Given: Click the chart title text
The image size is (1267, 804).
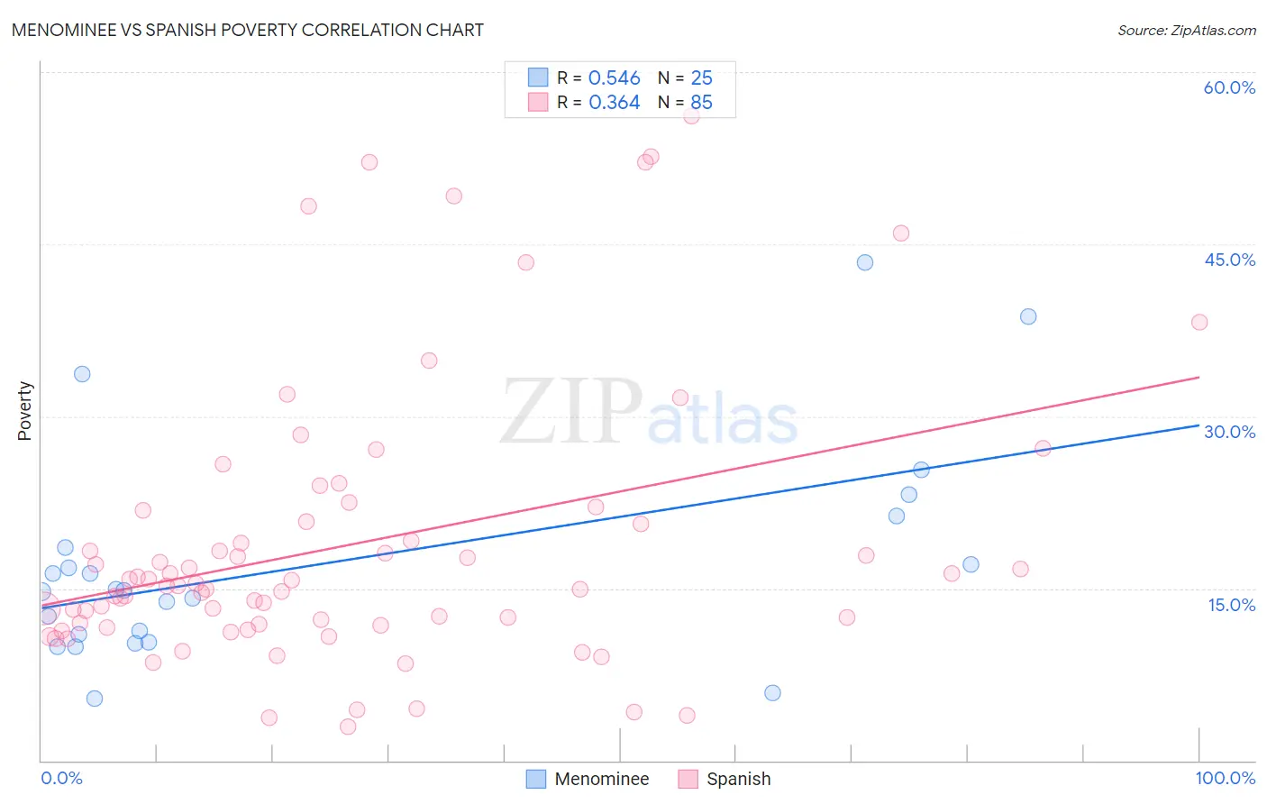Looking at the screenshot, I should [x=248, y=30].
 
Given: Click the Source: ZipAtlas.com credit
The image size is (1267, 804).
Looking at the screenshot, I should [x=1186, y=30].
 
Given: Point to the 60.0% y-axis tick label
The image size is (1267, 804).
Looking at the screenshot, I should [x=1229, y=87].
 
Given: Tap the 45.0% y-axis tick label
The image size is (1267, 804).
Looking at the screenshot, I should [x=1229, y=260].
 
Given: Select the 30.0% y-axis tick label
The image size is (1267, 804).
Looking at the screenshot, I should [x=1229, y=432].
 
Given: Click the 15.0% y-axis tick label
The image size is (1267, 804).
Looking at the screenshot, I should [x=1231, y=605].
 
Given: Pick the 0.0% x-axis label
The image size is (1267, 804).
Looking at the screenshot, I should [x=61, y=778].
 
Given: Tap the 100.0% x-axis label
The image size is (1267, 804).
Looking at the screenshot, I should [x=1225, y=778].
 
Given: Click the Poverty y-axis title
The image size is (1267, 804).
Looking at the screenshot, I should [x=24, y=411].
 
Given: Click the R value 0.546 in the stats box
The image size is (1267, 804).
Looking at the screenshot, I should [x=614, y=78].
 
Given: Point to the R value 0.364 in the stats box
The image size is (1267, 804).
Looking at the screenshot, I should [x=614, y=103].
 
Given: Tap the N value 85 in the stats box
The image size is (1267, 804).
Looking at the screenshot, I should [x=701, y=103].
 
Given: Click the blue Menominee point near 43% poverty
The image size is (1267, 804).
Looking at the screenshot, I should [x=865, y=262].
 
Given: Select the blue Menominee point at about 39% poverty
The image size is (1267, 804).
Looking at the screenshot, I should [x=1028, y=316].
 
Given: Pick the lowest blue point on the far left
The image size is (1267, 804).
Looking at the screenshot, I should [x=95, y=699].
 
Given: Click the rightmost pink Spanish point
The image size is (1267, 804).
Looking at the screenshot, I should [x=1199, y=322].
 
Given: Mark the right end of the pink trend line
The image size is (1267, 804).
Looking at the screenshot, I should [x=1199, y=377].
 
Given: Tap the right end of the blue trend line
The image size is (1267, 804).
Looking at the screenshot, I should [x=1199, y=425].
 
